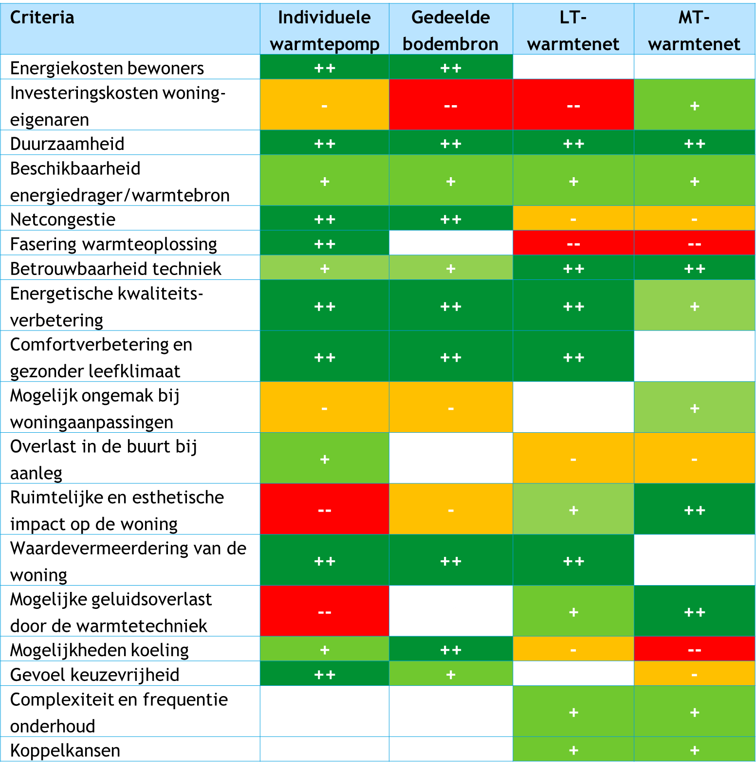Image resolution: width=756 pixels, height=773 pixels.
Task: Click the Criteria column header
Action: click(x=42, y=18)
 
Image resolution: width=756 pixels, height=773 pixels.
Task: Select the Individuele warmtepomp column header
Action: click(x=324, y=30)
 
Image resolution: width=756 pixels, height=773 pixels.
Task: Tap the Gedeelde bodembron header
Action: click(x=450, y=30)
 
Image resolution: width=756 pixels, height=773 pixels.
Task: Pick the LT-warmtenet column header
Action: click(x=573, y=30)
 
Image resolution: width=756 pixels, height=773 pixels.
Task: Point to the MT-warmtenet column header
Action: click(x=694, y=30)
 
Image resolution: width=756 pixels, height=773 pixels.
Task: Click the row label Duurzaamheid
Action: click(x=67, y=144)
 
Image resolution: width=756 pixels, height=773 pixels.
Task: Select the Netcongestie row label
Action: click(x=63, y=219)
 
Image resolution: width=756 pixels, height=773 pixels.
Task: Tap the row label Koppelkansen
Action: click(x=65, y=750)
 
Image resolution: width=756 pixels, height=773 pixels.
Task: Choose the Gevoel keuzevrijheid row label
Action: click(x=95, y=675)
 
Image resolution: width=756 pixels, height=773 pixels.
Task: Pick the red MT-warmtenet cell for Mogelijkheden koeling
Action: click(x=694, y=650)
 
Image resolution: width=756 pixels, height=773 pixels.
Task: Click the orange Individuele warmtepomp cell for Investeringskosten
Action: click(x=324, y=105)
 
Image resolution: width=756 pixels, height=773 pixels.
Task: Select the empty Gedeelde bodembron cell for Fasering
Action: click(x=450, y=243)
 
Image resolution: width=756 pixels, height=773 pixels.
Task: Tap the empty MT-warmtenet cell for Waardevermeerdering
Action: click(x=694, y=560)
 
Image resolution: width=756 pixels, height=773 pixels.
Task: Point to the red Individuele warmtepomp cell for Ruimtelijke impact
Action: click(x=324, y=510)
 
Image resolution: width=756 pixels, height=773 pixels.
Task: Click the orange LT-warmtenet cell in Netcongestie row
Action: click(x=573, y=219)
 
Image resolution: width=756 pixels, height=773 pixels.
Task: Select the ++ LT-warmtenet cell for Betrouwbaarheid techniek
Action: click(x=573, y=268)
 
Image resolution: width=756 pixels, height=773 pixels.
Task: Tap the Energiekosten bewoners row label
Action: click(x=107, y=68)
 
